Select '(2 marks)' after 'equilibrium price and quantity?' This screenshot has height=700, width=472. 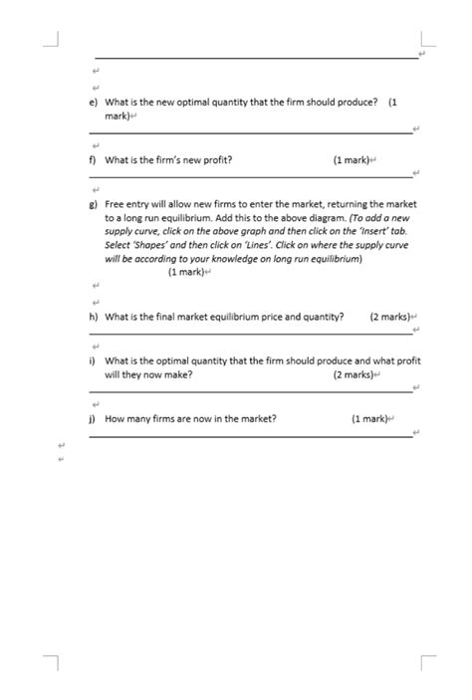[388, 318]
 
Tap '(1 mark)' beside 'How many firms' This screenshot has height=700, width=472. [368, 419]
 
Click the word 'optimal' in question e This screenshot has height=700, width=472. [201, 103]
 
